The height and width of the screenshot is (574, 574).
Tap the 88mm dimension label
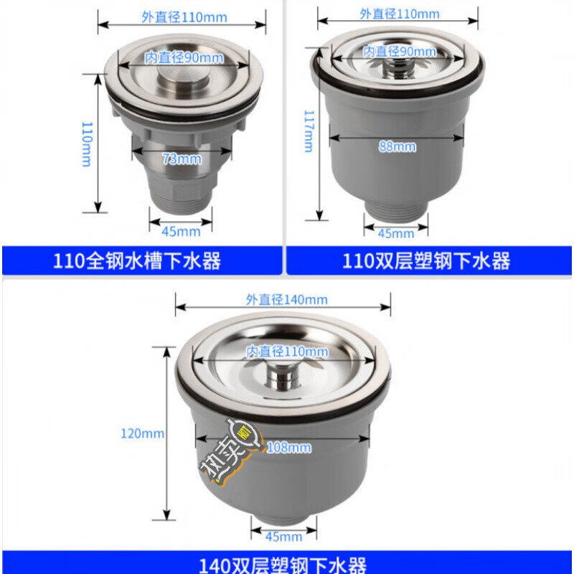pos(397,146)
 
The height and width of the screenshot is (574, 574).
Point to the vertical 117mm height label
pos(308,130)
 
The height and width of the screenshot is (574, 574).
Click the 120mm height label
pos(143,433)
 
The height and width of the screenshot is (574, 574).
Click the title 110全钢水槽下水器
pos(138,260)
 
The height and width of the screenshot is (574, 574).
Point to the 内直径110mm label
pos(287,352)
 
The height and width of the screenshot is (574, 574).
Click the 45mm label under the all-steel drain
pos(180,231)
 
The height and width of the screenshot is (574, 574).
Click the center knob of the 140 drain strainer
pos(284,375)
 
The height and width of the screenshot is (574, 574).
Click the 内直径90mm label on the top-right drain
pos(400,52)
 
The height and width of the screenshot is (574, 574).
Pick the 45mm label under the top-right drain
pos(395,233)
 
